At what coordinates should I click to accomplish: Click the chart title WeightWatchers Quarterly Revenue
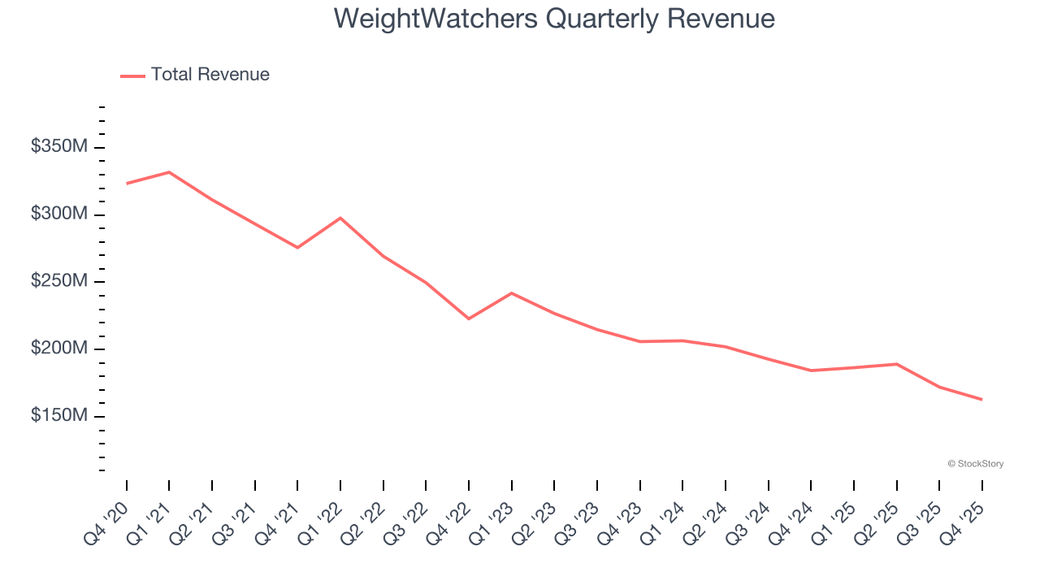pyautogui.click(x=554, y=19)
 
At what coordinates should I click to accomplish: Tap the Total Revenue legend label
pyautogui.click(x=210, y=75)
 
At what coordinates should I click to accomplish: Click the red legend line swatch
pyautogui.click(x=132, y=76)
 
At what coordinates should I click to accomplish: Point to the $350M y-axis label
pyautogui.click(x=59, y=147)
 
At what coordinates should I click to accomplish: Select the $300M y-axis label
pyautogui.click(x=59, y=214)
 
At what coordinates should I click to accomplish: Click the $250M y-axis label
pyautogui.click(x=59, y=281)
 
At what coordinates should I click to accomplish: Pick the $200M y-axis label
pyautogui.click(x=59, y=349)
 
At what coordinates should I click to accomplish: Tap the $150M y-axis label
pyautogui.click(x=59, y=416)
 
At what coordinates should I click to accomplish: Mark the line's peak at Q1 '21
pyautogui.click(x=169, y=172)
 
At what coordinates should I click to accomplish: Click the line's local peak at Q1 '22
pyautogui.click(x=340, y=218)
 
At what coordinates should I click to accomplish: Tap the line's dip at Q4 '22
pyautogui.click(x=469, y=318)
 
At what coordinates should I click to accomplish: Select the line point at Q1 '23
pyautogui.click(x=511, y=292)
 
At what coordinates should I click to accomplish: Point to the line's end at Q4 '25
pyautogui.click(x=981, y=399)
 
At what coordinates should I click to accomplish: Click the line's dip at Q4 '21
pyautogui.click(x=297, y=248)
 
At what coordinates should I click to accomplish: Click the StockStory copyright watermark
pyautogui.click(x=975, y=464)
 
